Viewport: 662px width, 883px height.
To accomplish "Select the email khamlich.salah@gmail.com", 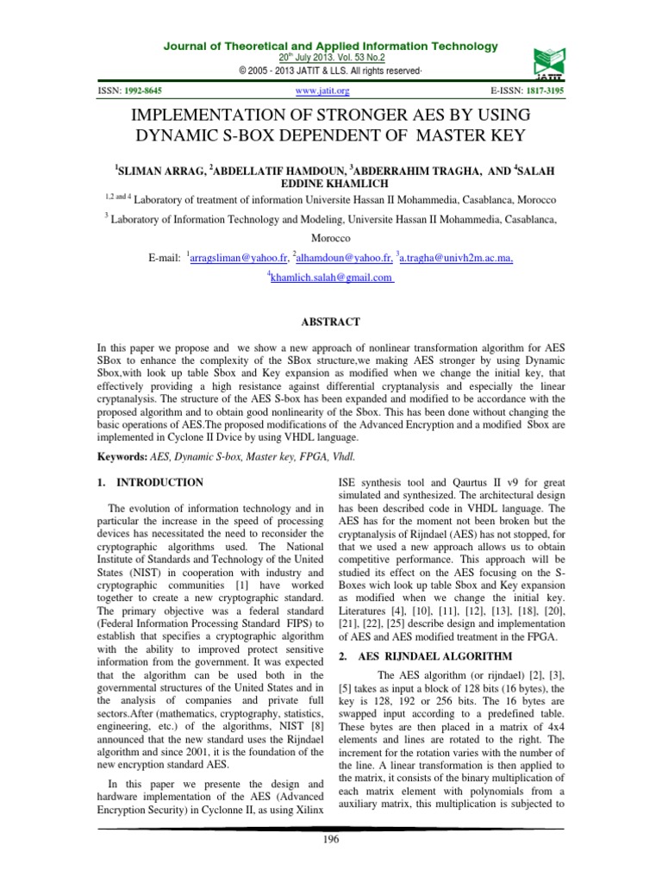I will point(332,279).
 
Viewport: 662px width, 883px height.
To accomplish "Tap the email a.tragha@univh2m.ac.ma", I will point(451,258).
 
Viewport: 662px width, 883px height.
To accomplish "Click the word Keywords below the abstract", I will point(124,455).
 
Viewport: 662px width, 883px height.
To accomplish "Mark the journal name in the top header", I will point(330,46).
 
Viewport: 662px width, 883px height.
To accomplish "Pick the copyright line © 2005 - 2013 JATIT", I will point(330,69).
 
